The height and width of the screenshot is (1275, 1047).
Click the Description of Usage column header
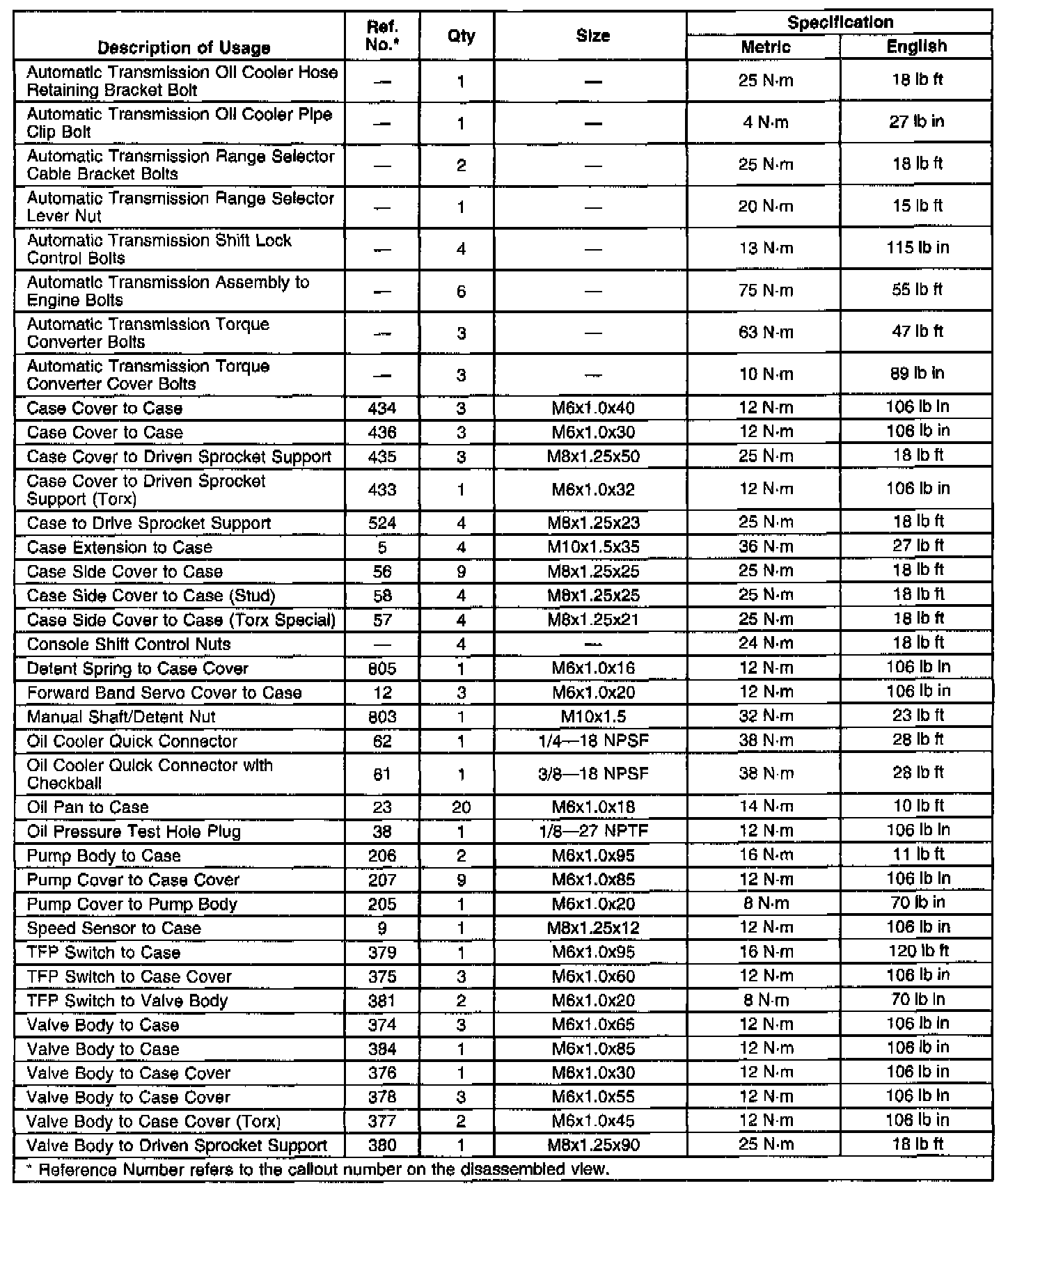pos(184,47)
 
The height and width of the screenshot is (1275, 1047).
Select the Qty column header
pos(461,35)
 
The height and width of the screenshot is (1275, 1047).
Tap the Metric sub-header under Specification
pos(765,47)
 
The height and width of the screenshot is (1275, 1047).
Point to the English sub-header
pos(917,46)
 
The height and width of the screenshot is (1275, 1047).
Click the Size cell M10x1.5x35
pos(593,547)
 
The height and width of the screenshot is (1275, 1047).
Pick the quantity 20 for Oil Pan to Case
pos(461,807)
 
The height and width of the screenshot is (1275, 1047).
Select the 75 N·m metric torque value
pos(765,290)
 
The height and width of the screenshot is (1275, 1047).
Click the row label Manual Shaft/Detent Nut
pos(121,717)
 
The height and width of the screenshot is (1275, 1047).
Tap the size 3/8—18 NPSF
pos(593,774)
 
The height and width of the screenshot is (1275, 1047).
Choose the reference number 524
pos(382,523)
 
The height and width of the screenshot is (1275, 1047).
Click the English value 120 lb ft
pos(918,951)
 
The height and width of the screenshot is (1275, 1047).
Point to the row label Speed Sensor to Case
pos(113,928)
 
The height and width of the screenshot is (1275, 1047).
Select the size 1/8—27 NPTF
pos(593,831)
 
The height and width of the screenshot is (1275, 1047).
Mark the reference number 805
pos(382,669)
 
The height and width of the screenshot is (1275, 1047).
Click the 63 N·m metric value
pos(765,332)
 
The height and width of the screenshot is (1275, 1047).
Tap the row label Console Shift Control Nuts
pos(129,644)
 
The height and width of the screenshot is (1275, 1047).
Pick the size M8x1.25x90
pos(593,1145)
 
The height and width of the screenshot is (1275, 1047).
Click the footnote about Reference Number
pos(317,1169)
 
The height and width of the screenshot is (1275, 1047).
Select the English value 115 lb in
pos(918,248)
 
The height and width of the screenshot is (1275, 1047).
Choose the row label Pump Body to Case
pos(104,856)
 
